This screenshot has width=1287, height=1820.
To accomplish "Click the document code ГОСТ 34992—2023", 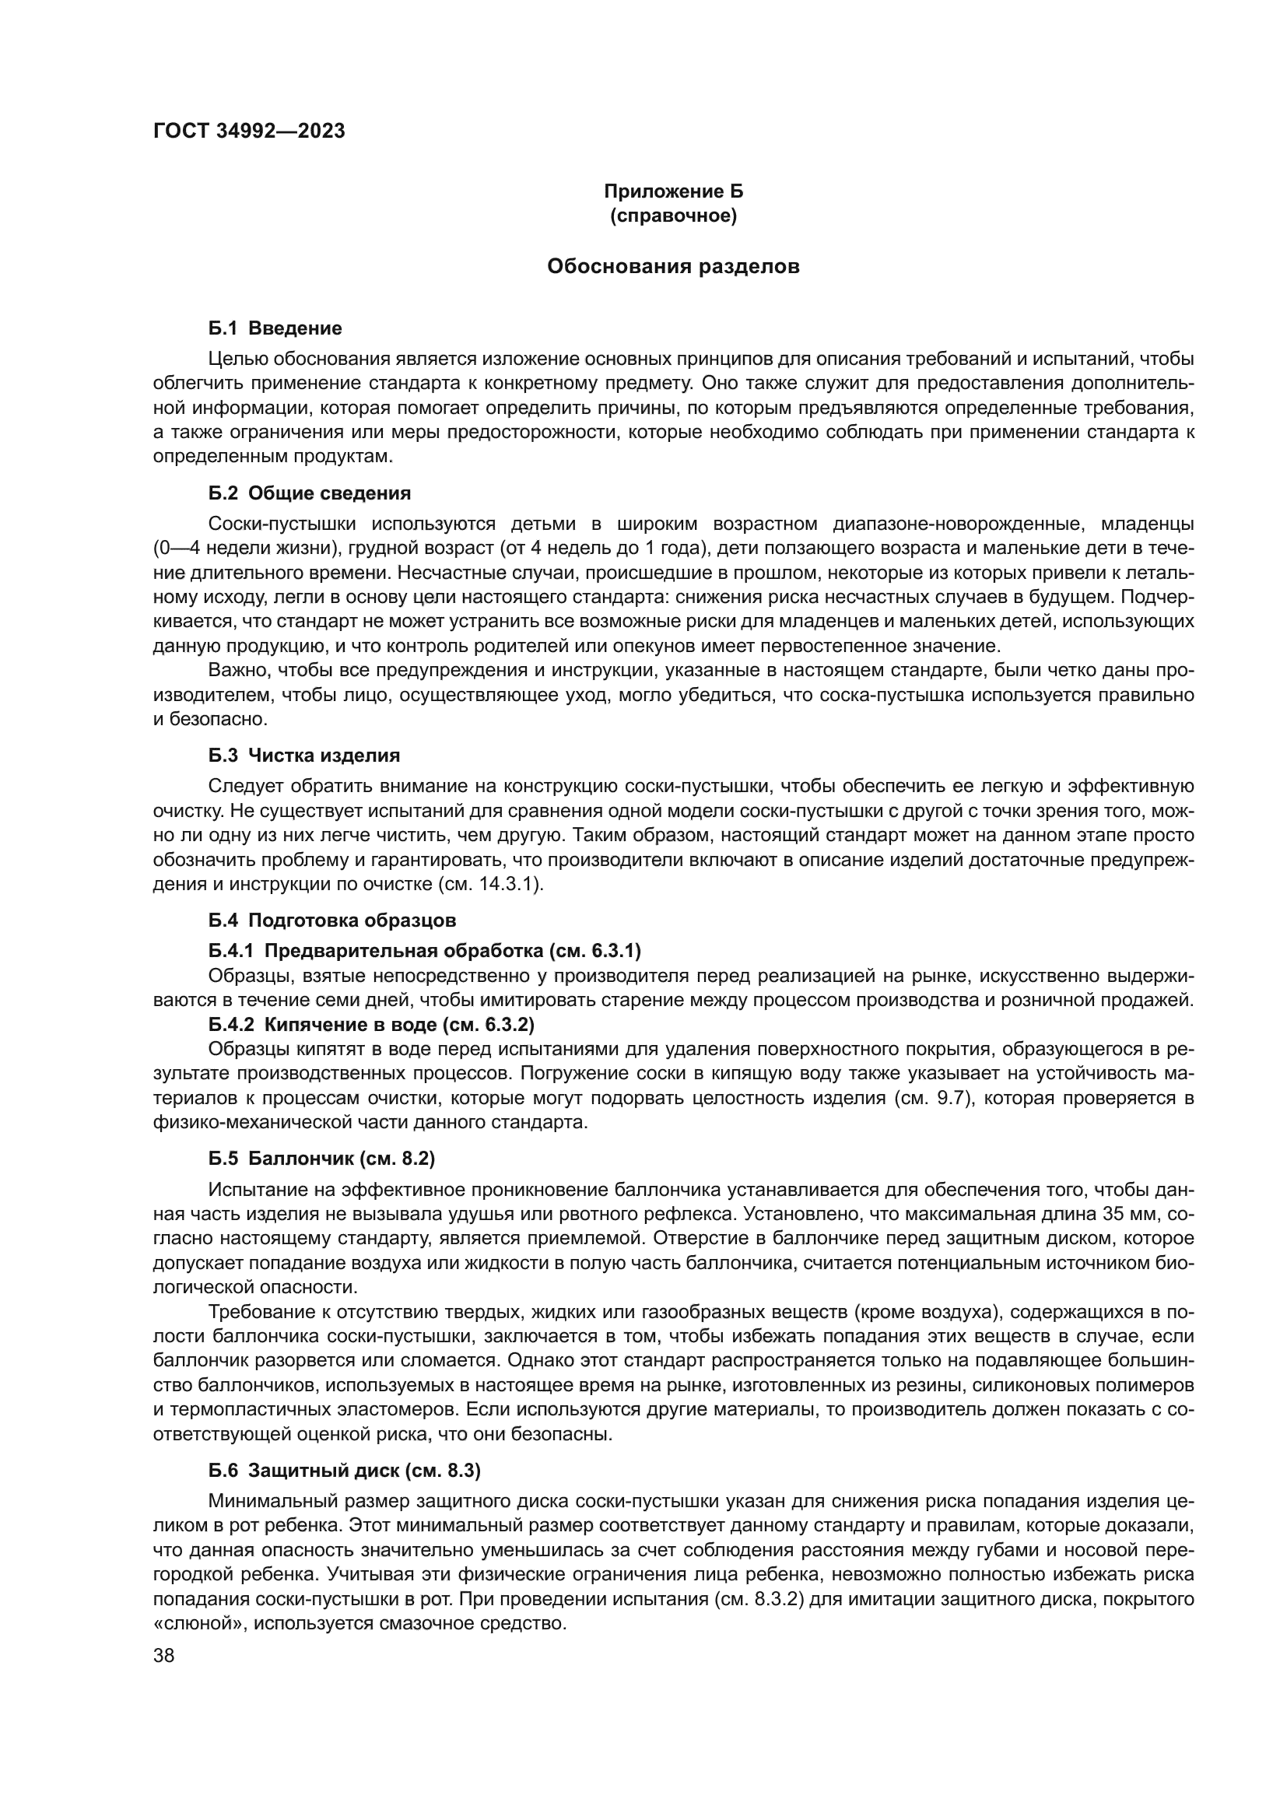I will point(249,132).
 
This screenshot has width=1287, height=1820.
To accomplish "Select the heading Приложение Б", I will point(673,191).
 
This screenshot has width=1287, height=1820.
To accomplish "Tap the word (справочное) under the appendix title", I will point(673,216).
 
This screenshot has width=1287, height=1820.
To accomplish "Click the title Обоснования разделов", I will point(673,266).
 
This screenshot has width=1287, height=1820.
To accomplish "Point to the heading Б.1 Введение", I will point(275,328).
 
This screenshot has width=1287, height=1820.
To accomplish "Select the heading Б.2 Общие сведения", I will point(309,493).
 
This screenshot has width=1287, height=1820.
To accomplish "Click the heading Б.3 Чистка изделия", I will point(303,756).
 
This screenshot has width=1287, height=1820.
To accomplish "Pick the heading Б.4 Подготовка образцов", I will point(332,921).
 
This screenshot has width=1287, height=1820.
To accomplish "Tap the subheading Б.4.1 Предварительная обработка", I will point(425,950).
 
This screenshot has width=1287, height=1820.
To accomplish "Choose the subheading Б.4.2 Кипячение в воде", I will point(371,1025).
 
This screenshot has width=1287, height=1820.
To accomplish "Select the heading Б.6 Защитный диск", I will point(345,1471).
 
